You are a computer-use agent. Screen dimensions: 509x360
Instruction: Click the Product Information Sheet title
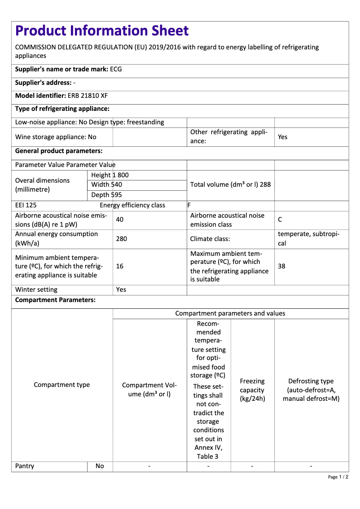click(102, 31)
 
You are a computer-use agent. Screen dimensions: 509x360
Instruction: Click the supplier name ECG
click(116, 70)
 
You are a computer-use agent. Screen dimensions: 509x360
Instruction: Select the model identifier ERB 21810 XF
click(88, 96)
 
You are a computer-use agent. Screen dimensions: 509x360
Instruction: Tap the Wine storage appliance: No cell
click(56, 137)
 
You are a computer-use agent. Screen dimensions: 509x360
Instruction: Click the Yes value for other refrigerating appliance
click(282, 137)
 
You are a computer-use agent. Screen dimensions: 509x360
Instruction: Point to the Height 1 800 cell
click(110, 175)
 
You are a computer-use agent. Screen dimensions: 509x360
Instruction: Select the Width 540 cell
click(107, 184)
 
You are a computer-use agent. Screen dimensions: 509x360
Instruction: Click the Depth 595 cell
click(106, 195)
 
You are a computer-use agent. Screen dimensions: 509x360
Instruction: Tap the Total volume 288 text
click(230, 184)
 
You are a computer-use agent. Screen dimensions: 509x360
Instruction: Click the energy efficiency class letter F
click(189, 206)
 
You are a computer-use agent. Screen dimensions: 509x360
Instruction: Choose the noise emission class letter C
click(280, 220)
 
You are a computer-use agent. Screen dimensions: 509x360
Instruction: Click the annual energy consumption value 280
click(121, 239)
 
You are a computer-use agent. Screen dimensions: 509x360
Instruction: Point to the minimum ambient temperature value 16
click(119, 266)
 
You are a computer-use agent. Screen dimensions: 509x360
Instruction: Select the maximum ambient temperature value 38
click(281, 266)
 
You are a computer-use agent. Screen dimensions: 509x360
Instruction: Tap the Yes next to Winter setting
click(121, 290)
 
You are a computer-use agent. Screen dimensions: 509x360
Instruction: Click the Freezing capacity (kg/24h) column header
click(252, 390)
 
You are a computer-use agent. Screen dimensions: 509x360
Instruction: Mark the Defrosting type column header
click(311, 390)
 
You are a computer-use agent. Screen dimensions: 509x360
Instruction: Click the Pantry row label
click(25, 466)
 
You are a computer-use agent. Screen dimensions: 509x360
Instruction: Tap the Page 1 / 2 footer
click(338, 477)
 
